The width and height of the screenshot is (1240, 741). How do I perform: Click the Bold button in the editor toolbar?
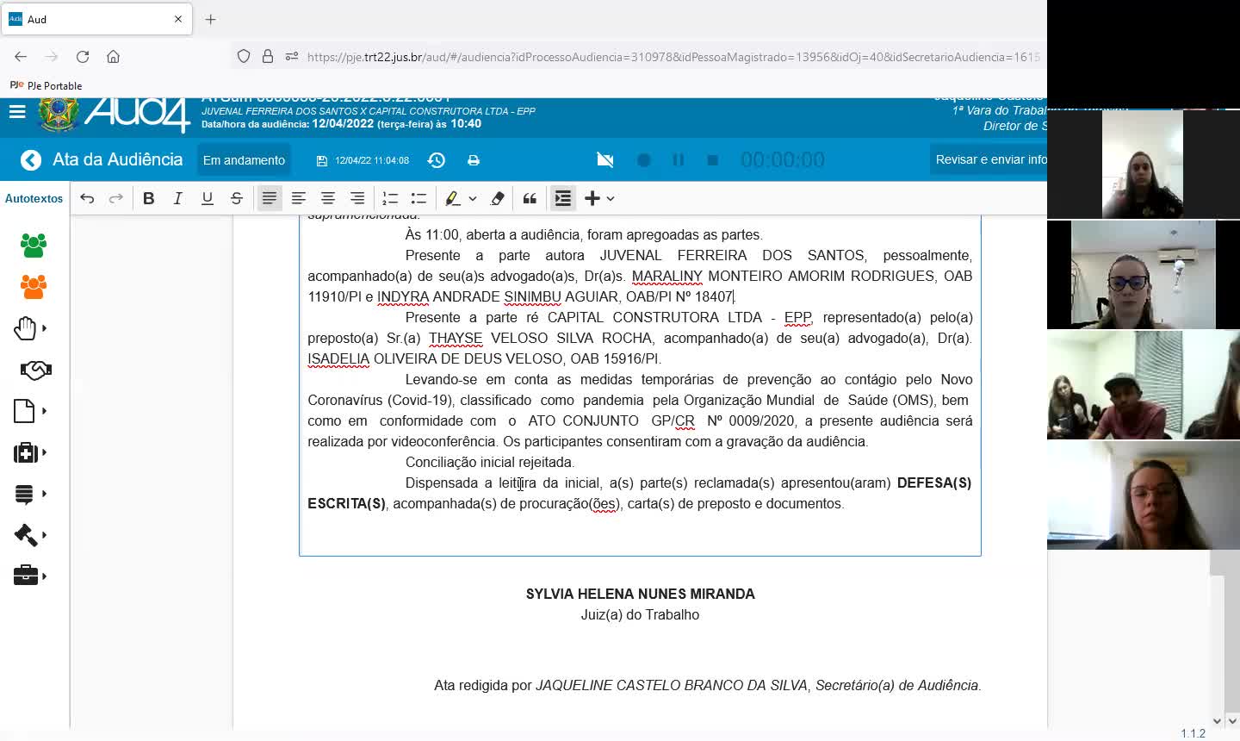coord(149,198)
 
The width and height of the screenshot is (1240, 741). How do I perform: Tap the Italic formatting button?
coord(177,198)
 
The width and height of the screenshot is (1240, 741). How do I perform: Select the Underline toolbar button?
coord(207,198)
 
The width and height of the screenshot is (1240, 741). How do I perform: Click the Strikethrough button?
coord(237,198)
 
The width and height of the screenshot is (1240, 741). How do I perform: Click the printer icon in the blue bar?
coord(473,160)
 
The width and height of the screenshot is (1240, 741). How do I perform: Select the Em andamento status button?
coord(244,160)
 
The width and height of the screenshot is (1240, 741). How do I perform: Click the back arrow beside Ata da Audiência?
coord(31,160)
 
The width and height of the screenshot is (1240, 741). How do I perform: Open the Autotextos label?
coord(34,198)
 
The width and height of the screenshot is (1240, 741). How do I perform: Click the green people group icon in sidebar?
coord(34,246)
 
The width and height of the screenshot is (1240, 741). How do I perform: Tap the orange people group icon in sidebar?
coord(34,287)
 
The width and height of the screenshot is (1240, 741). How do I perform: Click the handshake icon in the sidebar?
coord(35,370)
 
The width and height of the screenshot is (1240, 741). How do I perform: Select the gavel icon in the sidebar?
coord(26,535)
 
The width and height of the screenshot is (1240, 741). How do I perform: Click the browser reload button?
coord(83,57)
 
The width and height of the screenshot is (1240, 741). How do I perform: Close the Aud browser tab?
coord(178,19)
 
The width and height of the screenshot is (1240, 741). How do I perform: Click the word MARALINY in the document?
coord(666,276)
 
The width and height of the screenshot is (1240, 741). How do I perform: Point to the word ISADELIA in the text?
coord(338,358)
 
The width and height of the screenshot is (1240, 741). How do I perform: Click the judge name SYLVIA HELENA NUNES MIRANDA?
coord(640,594)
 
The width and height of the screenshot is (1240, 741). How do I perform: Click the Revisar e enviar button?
coord(990,159)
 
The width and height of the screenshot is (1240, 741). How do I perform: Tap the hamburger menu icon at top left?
coord(17,111)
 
